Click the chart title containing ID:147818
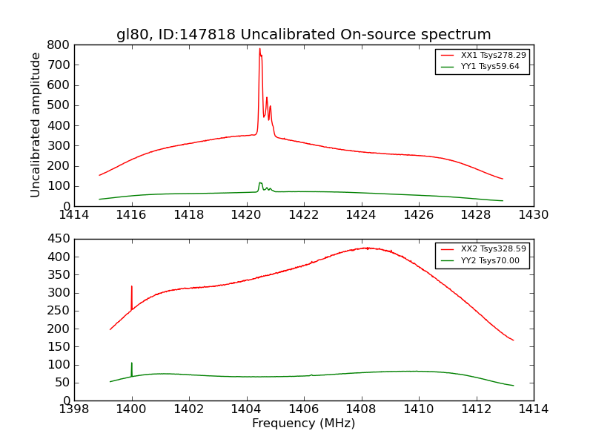(x=303, y=34)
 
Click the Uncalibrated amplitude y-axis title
(x=36, y=125)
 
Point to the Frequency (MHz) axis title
(x=303, y=423)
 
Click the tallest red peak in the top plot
(x=259, y=50)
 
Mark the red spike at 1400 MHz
(x=132, y=287)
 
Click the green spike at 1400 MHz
(x=132, y=363)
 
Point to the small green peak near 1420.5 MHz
(x=260, y=183)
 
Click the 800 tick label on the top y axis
(x=59, y=44)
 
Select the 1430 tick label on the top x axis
(x=533, y=215)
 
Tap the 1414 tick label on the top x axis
(x=75, y=215)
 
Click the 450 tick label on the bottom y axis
(x=59, y=239)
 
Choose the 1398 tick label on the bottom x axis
(x=75, y=409)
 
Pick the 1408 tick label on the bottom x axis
(x=362, y=409)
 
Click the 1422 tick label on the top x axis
(x=304, y=215)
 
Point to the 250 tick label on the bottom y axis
(x=59, y=311)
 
